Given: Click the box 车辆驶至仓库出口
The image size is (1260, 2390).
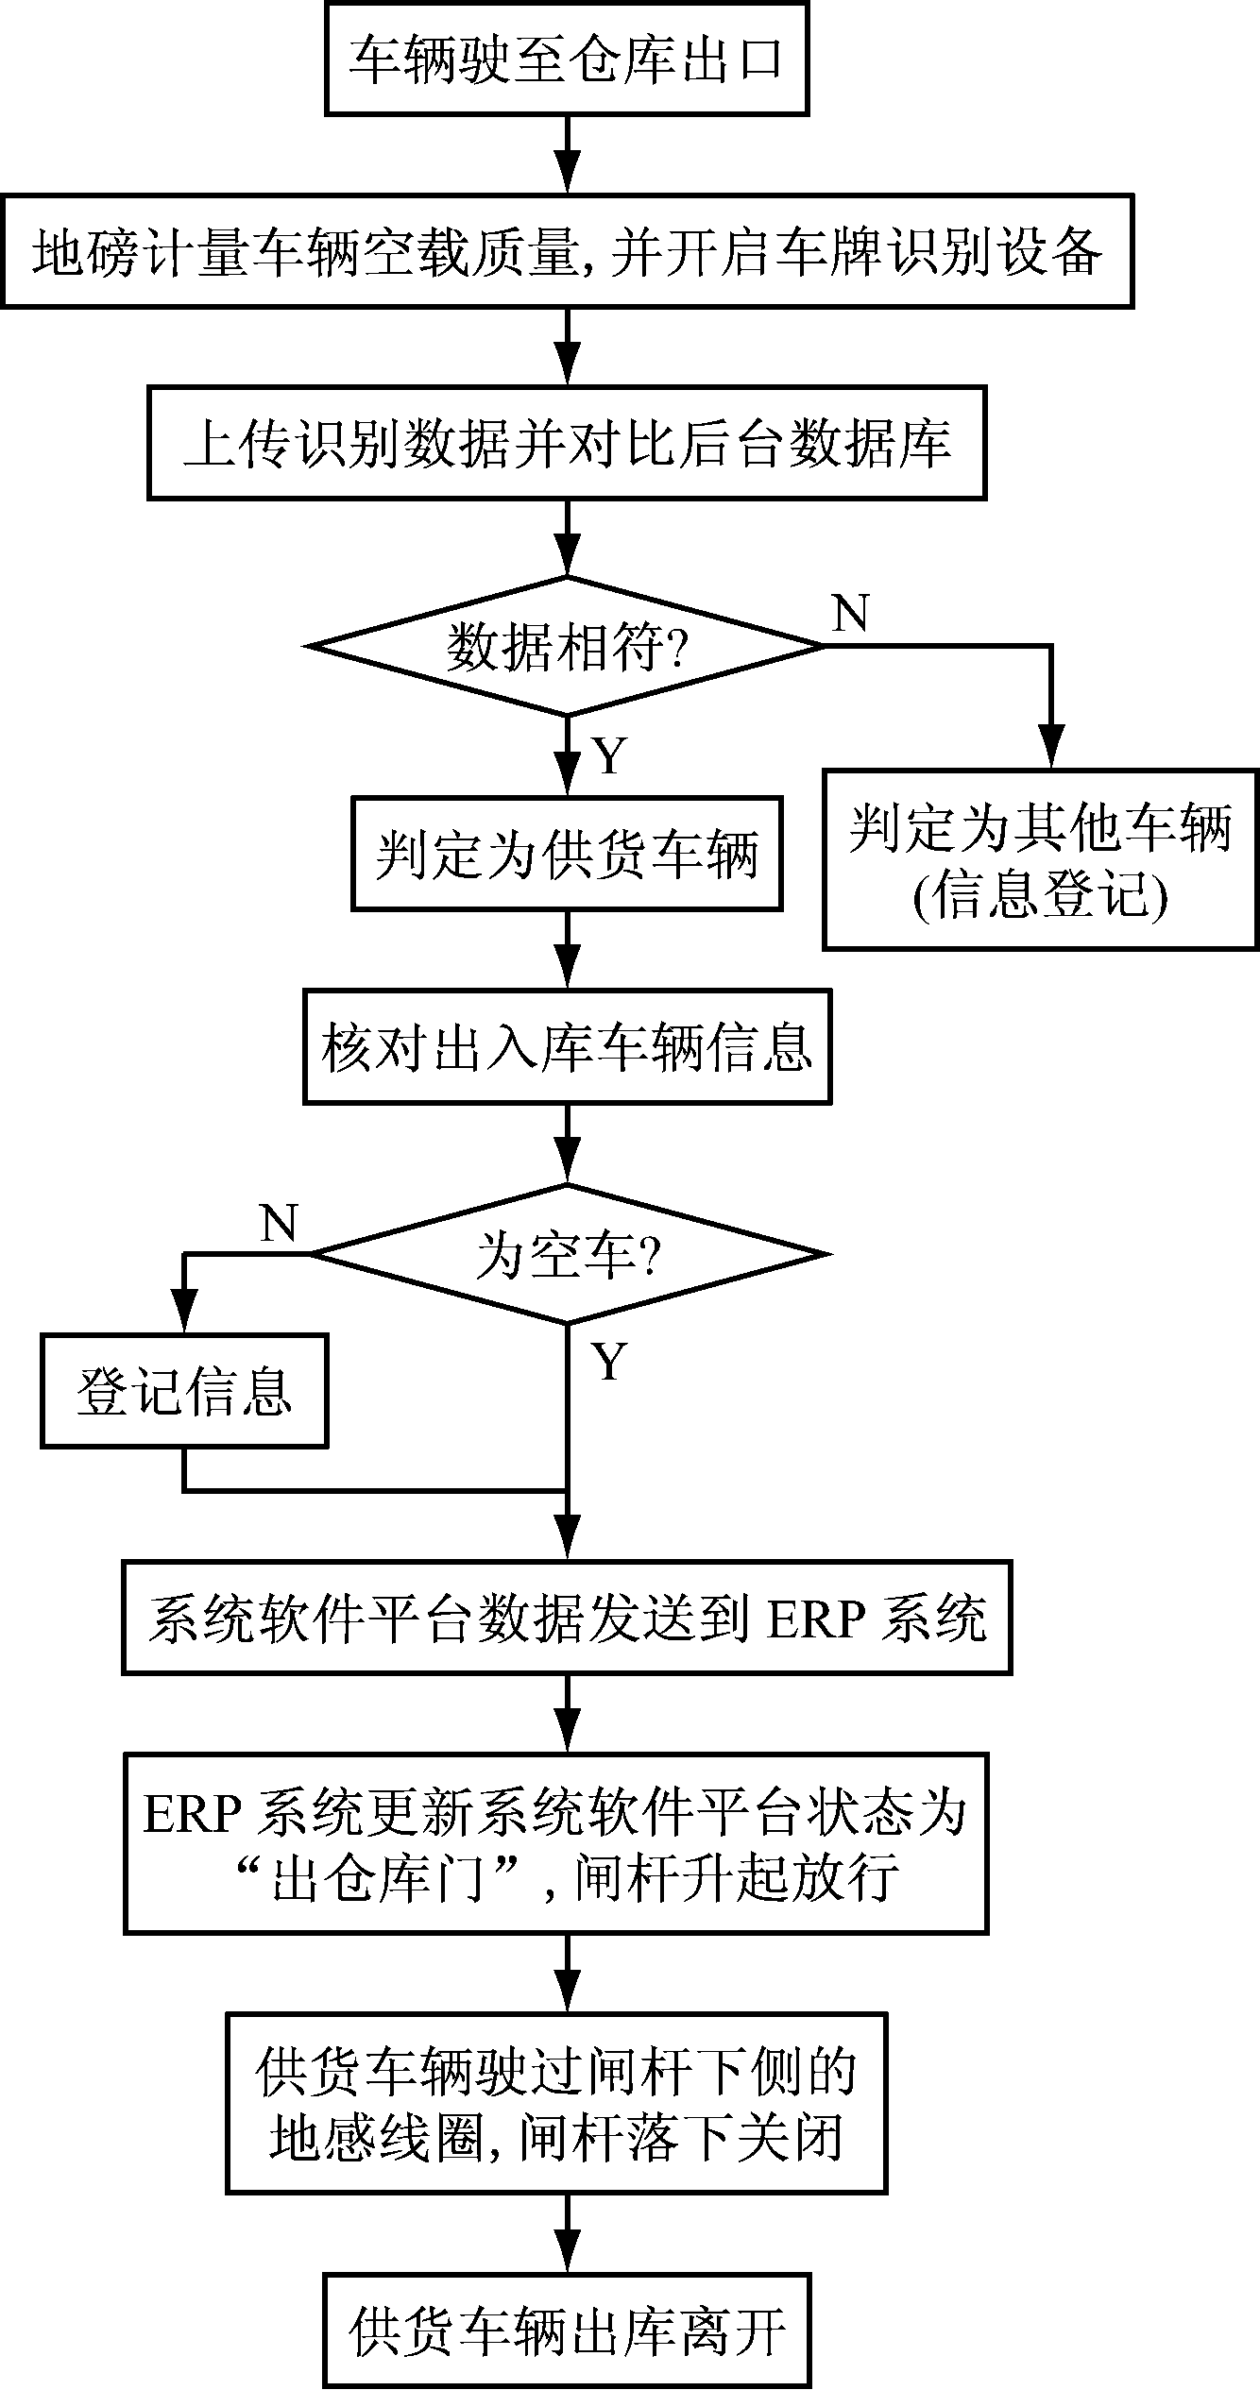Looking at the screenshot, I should tap(567, 59).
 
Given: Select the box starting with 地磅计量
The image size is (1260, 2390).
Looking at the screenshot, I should tap(567, 252).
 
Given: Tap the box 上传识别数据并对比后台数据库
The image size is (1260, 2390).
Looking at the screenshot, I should tap(567, 443).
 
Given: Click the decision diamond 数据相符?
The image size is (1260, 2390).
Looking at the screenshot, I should tap(567, 647).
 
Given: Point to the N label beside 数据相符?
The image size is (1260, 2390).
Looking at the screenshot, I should tap(850, 614).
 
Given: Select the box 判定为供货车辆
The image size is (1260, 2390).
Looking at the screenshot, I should tap(567, 855).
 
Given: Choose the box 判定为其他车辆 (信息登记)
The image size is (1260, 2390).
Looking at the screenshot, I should tap(1041, 860).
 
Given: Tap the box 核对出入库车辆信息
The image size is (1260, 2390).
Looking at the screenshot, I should tap(567, 1046).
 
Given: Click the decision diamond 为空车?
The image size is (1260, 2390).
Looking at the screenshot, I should tap(567, 1255).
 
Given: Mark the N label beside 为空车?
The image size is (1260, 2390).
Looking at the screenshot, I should tap(278, 1224).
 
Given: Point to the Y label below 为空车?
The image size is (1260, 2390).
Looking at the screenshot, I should tap(609, 1362).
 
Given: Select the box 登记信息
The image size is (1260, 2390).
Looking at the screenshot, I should tap(184, 1391).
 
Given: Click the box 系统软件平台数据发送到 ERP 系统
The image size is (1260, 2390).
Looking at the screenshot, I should tap(567, 1619).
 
